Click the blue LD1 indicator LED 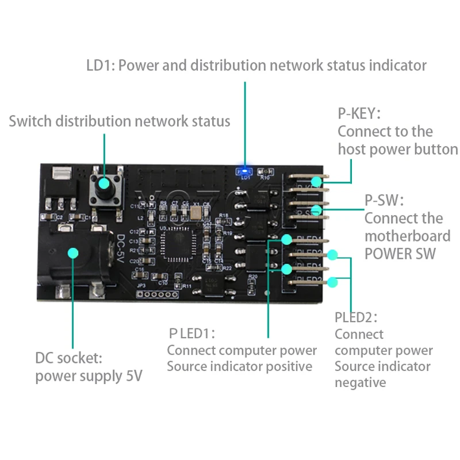point(245,170)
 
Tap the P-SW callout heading point(384,200)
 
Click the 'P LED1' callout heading point(191,332)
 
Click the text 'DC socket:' point(68,358)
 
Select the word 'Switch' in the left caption point(29,121)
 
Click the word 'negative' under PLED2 point(360,382)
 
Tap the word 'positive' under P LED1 point(290,366)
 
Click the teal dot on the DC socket point(73,252)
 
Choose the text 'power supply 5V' point(89,377)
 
